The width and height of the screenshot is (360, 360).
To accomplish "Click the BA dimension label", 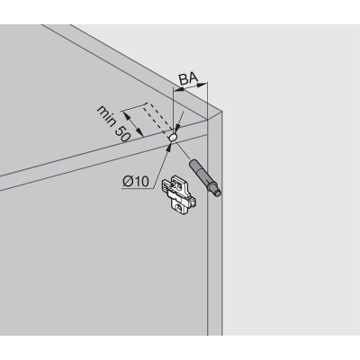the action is tap(188, 78).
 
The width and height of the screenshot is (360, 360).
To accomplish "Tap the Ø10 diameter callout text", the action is tap(136, 181).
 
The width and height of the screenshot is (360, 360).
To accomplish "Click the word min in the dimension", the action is tap(106, 115).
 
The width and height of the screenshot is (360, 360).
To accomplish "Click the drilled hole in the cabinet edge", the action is tap(173, 138).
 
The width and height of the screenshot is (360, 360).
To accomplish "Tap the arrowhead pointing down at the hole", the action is tap(177, 129).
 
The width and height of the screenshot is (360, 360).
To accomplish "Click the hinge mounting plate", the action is tap(179, 195).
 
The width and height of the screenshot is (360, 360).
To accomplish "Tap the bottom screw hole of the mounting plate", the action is tap(180, 207).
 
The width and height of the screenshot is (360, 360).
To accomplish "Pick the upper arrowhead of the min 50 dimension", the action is tap(126, 115).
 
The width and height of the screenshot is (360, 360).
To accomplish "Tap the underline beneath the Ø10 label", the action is tap(138, 188).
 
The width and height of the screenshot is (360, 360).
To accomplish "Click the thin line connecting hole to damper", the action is tap(183, 150).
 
